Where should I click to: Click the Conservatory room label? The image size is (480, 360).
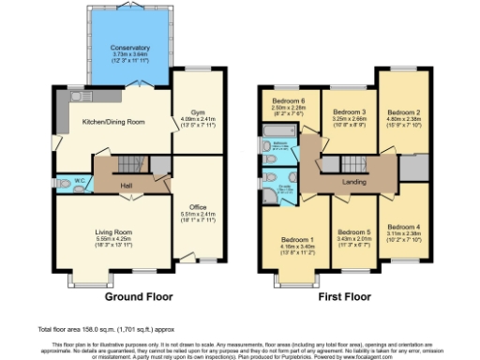point(129,47)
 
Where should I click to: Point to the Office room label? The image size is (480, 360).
point(197,206)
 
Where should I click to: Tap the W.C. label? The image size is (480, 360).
point(81,179)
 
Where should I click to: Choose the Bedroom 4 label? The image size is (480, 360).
point(405,227)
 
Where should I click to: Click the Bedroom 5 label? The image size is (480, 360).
point(353,232)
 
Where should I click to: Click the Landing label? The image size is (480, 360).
point(354,182)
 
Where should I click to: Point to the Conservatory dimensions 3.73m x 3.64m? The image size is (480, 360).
point(129,54)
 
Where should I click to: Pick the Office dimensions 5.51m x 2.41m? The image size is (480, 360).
point(197,214)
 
